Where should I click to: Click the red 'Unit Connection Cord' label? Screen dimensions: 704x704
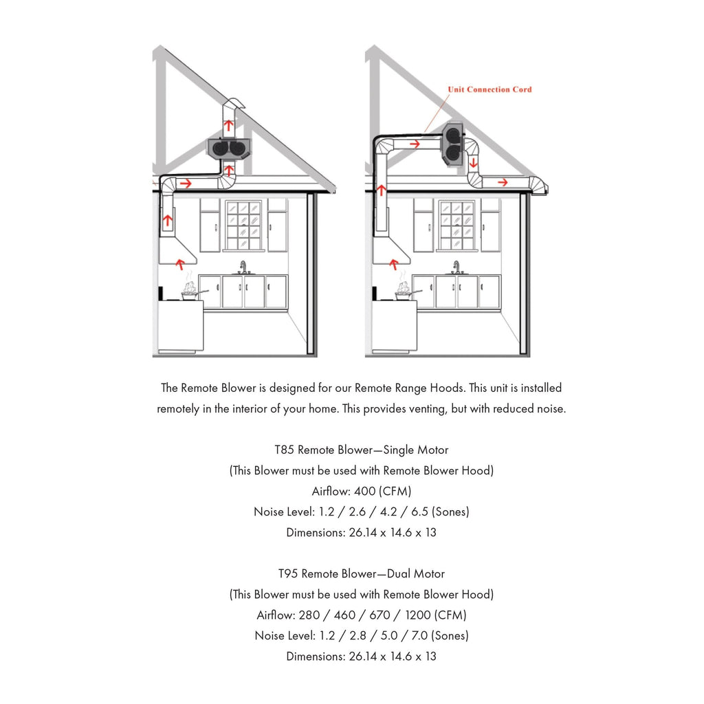point(489,89)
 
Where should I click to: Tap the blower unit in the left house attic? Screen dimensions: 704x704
point(230,148)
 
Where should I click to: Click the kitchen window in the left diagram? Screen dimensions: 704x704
point(243,225)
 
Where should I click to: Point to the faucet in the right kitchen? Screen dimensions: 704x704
point(456,266)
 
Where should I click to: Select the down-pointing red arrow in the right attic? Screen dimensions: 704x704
point(474,162)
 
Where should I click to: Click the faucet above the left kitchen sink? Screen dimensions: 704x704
point(243,266)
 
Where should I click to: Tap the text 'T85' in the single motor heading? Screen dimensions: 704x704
point(286,450)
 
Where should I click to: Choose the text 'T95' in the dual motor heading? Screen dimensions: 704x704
point(288,574)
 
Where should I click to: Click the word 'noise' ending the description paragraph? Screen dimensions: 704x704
point(550,409)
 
